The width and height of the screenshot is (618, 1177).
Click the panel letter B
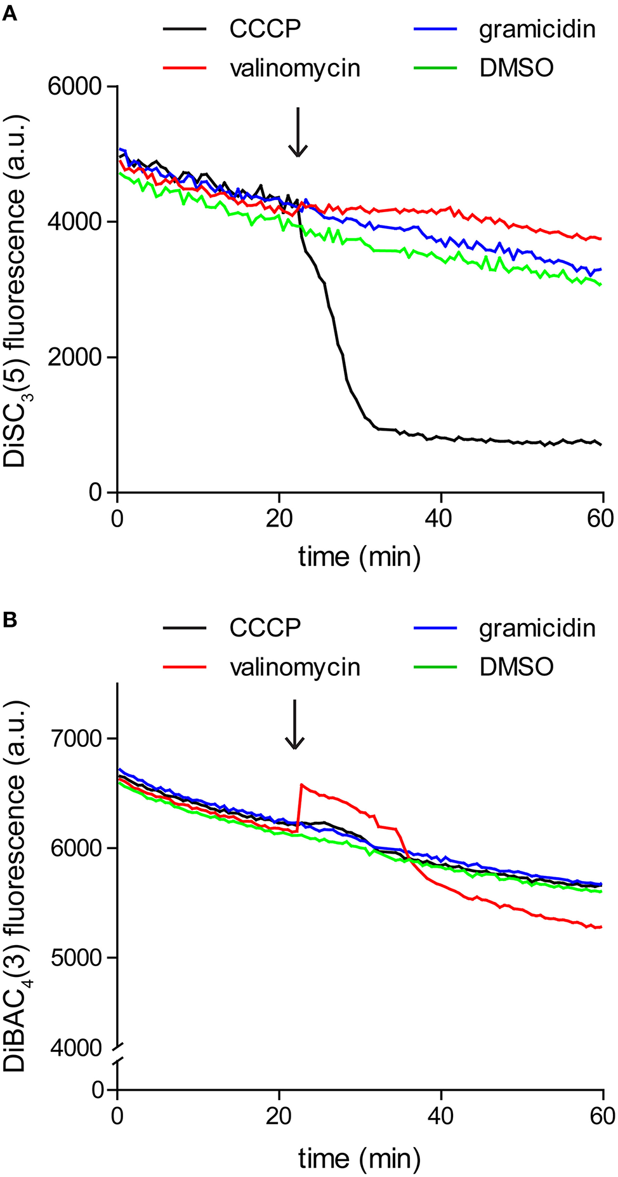pos(10,619)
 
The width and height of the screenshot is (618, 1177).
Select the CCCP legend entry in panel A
pos(265,29)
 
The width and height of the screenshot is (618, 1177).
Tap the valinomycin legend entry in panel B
pos(294,667)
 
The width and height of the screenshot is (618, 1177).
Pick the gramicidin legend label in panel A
pos(537,30)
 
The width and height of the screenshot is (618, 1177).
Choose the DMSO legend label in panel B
pos(516,667)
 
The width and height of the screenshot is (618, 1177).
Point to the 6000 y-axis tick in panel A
pos(74,86)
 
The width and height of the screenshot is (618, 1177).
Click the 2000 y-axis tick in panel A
pos(74,357)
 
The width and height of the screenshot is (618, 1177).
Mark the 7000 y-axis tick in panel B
pos(74,739)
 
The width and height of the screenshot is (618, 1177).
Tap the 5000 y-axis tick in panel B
pos(74,958)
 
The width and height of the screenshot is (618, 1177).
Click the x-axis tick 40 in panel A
pos(440,518)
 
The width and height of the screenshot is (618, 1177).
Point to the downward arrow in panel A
pos(298,132)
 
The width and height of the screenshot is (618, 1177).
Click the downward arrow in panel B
pos(294,725)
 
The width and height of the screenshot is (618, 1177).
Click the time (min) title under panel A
pos(359,557)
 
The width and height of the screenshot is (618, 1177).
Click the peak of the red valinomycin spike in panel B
pos(301,785)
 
